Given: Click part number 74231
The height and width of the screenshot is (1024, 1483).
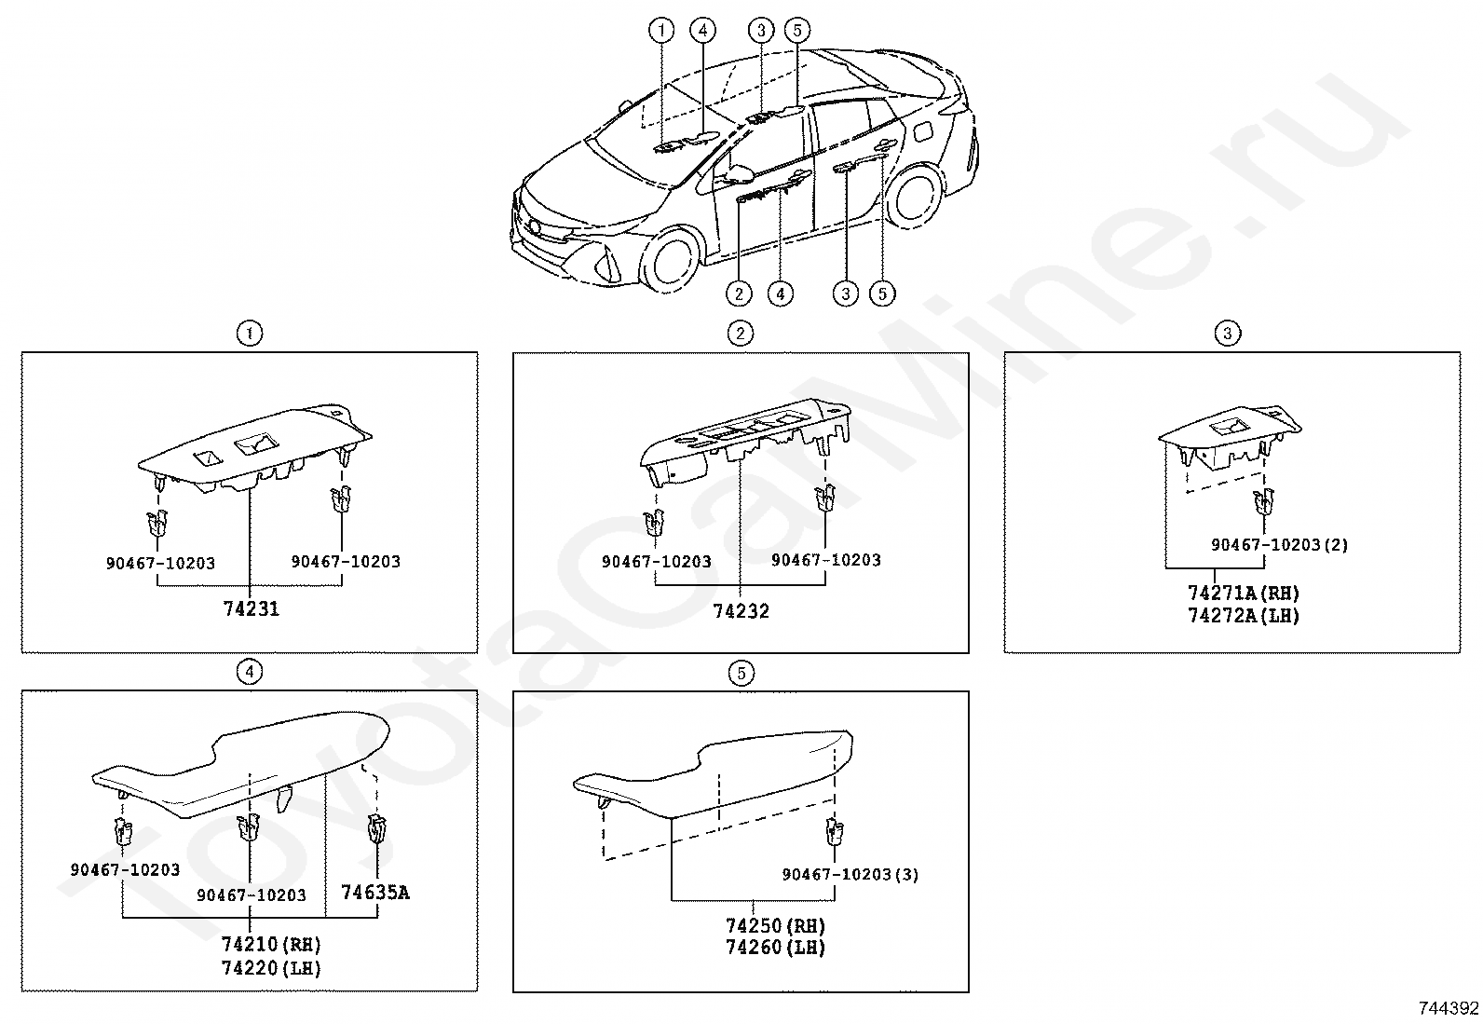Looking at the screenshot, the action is pyautogui.click(x=251, y=608).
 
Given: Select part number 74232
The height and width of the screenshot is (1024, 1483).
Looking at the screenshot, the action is pyautogui.click(x=741, y=611).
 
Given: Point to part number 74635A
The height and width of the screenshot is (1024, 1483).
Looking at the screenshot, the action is pyautogui.click(x=374, y=892).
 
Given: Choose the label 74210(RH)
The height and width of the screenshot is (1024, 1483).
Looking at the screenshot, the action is pyautogui.click(x=271, y=945).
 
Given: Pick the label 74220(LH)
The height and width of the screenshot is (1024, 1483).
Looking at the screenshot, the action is pyautogui.click(x=271, y=968).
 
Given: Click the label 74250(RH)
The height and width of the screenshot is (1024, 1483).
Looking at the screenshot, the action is pyautogui.click(x=775, y=926).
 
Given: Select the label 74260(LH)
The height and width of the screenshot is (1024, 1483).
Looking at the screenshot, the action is pyautogui.click(x=775, y=948).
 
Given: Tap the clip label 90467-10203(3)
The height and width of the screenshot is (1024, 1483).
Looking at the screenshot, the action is pyautogui.click(x=850, y=874).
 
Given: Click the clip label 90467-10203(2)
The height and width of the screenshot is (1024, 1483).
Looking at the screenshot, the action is pyautogui.click(x=1279, y=544).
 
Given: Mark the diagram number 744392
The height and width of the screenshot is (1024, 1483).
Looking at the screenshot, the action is pyautogui.click(x=1448, y=1008).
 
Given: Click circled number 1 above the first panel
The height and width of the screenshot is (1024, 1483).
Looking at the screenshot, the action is pyautogui.click(x=249, y=334).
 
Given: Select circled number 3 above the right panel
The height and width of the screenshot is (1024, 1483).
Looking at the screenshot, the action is pyautogui.click(x=1228, y=334).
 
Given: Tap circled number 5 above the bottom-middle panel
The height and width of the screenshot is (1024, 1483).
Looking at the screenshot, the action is pyautogui.click(x=741, y=673).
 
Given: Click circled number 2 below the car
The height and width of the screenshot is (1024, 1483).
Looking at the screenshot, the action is pyautogui.click(x=739, y=294).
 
